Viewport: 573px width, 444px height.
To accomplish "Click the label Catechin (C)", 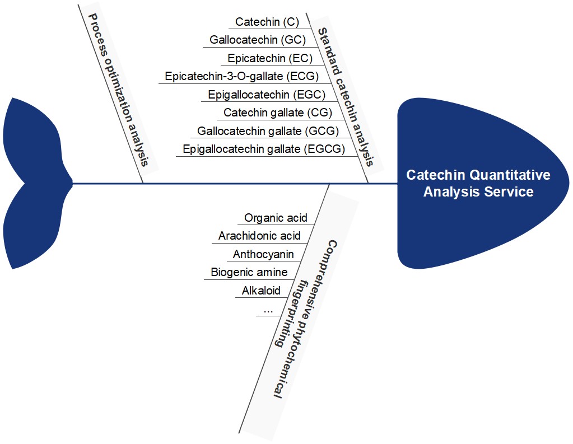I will [267, 22].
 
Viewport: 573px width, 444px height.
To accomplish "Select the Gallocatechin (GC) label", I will [258, 40].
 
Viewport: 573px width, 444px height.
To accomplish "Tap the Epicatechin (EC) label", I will [270, 58].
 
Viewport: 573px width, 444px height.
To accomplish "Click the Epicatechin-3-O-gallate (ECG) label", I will [241, 76].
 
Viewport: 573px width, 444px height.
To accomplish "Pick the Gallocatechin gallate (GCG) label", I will [268, 131].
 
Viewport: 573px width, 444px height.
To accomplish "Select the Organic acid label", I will [276, 218].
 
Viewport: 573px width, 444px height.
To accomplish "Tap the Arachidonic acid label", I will [259, 236].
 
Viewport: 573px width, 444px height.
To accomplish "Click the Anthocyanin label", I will [263, 254].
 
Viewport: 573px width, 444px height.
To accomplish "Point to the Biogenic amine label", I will [249, 273].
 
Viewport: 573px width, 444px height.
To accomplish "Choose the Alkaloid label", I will [261, 291].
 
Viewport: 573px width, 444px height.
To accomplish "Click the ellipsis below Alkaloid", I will [267, 309].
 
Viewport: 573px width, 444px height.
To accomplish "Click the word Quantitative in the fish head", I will [505, 175].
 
